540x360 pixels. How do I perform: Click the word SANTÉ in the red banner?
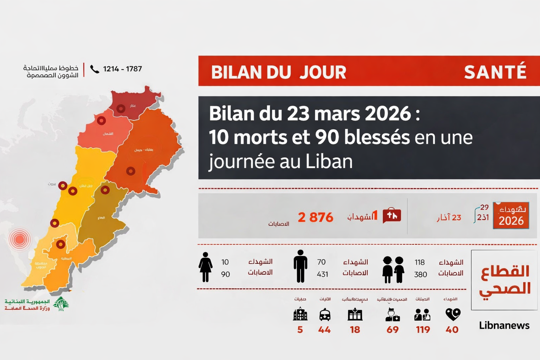click(x=495, y=72)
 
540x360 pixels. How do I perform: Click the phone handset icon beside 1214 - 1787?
click(x=95, y=69)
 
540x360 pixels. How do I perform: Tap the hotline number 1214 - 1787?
click(x=122, y=69)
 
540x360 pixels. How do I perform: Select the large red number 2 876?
click(x=315, y=217)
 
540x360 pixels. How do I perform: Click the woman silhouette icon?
click(x=205, y=267)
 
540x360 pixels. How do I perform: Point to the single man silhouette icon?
click(x=300, y=266)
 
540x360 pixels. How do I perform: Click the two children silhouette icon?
click(x=393, y=270)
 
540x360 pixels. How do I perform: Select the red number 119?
click(x=423, y=330)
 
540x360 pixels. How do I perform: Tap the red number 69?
click(x=392, y=330)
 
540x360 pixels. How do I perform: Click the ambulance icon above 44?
click(x=324, y=315)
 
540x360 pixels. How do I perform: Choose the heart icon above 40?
click(x=453, y=314)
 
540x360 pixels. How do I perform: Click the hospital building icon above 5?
click(x=300, y=314)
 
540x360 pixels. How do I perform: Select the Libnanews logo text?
click(x=504, y=326)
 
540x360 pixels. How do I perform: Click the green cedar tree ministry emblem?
click(x=62, y=304)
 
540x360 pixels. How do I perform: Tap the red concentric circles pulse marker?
click(x=20, y=239)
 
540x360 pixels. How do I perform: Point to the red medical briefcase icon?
click(x=392, y=215)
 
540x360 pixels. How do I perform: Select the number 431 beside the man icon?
click(x=322, y=274)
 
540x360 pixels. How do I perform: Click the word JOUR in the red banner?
click(x=323, y=72)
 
